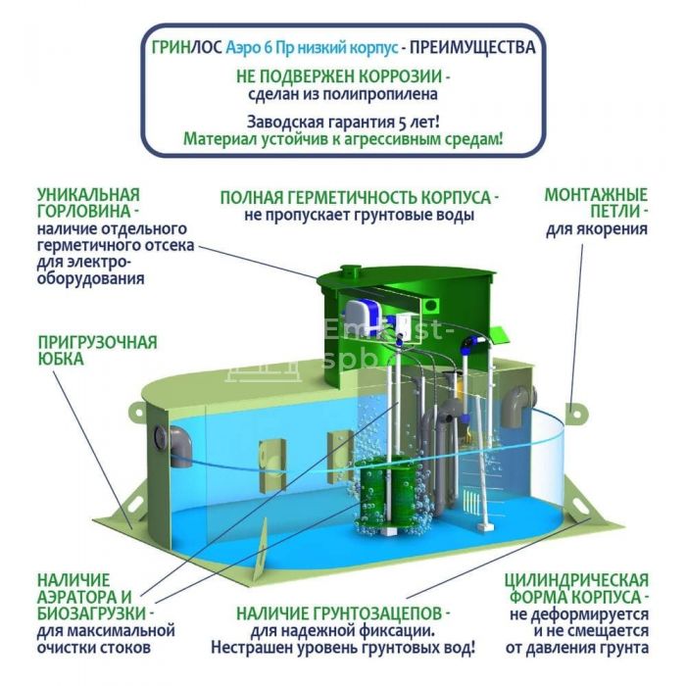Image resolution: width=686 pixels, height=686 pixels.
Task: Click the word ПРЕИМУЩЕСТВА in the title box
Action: coord(472,47)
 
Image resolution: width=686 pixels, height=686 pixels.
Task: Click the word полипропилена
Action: coord(378,94)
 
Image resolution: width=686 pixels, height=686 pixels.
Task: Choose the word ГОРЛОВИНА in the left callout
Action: coord(84,212)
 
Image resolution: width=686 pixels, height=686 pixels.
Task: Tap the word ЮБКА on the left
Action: coord(61,359)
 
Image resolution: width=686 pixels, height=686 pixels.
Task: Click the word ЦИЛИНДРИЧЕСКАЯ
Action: coord(576,580)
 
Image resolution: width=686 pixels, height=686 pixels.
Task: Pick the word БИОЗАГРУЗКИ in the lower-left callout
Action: coord(91,613)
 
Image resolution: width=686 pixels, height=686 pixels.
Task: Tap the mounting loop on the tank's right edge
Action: coord(576,413)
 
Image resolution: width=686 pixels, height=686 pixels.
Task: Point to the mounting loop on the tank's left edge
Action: coord(136,413)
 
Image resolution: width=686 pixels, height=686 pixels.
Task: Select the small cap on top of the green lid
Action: coord(349,270)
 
